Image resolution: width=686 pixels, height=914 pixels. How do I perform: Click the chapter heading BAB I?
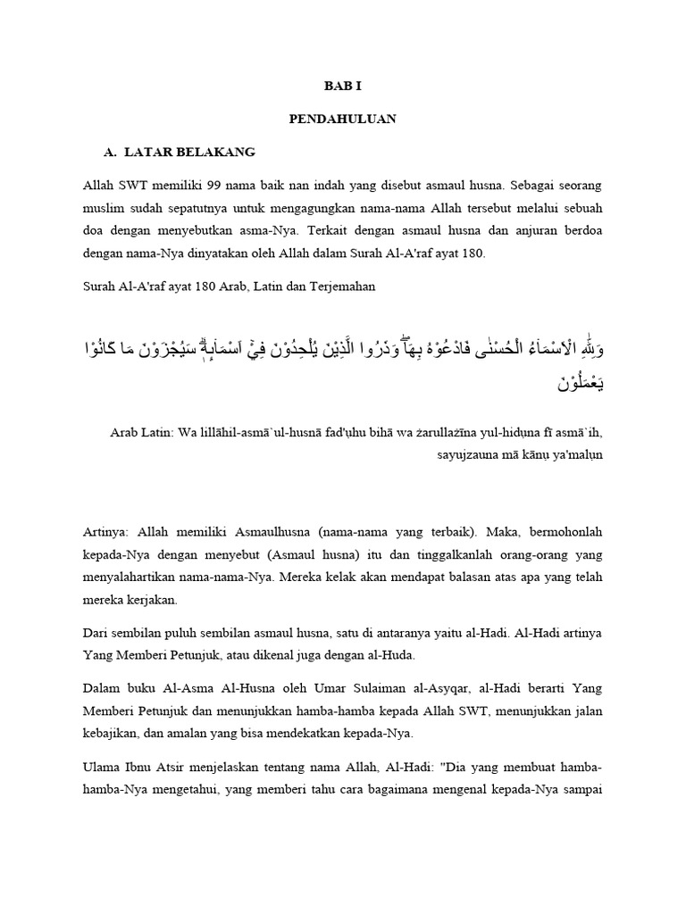coord(343,87)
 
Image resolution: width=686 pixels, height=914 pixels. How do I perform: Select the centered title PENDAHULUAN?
coord(343,118)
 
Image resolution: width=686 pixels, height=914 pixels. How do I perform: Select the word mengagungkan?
coord(314,209)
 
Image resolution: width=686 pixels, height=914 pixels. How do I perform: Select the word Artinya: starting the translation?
coord(105,532)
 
